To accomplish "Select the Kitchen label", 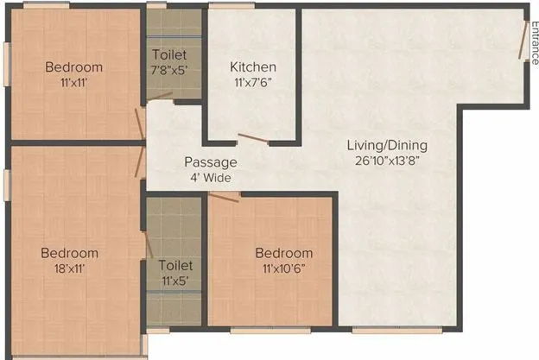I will coord(253,67).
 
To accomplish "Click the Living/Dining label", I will coord(387,145).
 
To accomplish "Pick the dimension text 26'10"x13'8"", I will coord(387,160).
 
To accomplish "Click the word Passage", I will coord(210,162).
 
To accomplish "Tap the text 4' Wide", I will coord(210,177).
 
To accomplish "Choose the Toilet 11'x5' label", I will coord(175,273).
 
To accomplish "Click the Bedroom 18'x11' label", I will coord(70,260).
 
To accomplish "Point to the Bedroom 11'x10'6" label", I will coord(283,260).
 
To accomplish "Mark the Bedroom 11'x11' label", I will coord(74,74).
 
